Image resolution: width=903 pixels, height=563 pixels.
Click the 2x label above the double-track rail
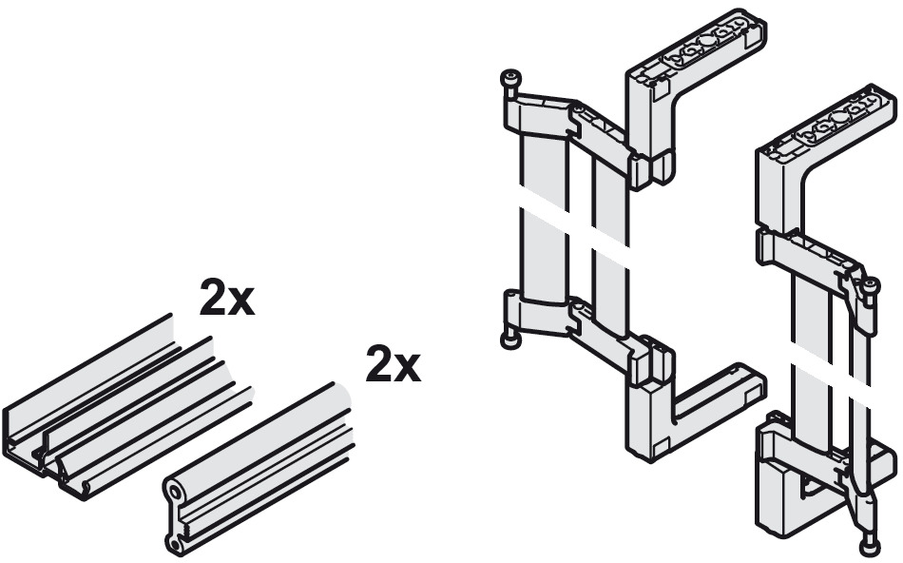(x=227, y=298)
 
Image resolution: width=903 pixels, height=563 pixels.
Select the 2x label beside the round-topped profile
(x=394, y=363)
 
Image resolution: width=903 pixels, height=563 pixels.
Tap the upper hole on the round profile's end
(x=173, y=491)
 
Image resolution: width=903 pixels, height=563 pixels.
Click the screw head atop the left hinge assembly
(x=510, y=78)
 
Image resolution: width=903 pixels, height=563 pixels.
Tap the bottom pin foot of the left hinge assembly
(x=509, y=340)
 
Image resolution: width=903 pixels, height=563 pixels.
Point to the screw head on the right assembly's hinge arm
(x=869, y=284)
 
